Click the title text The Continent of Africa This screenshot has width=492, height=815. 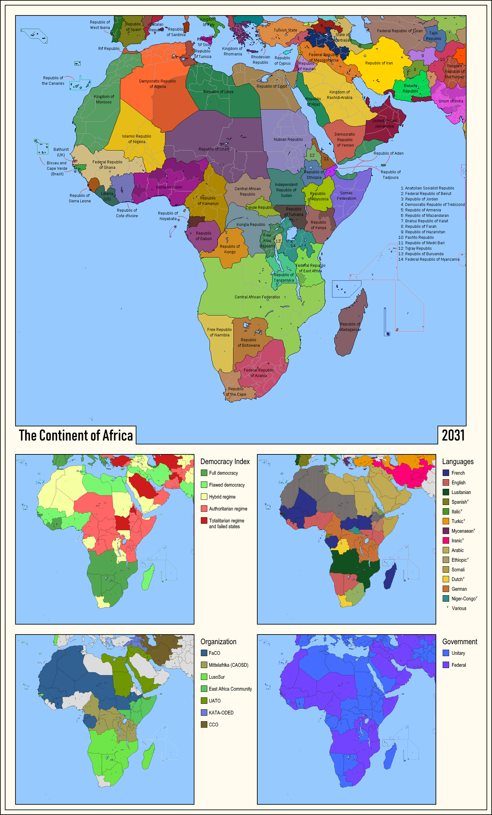[76, 435]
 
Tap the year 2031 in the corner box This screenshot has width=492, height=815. [453, 435]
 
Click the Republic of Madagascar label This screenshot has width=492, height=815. [350, 327]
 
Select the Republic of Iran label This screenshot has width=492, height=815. [379, 63]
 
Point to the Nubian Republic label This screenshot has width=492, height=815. [288, 140]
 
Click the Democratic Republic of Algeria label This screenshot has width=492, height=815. [157, 84]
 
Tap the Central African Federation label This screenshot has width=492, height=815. [257, 297]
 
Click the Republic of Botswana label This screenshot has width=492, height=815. [249, 343]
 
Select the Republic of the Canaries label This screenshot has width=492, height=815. [53, 81]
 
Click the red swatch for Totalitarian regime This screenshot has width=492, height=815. [204, 521]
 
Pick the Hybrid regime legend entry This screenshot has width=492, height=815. [222, 497]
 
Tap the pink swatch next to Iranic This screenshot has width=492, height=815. [446, 540]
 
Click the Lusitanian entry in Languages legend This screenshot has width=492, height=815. [461, 492]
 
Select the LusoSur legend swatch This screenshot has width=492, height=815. [204, 677]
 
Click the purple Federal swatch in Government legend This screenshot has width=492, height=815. [446, 665]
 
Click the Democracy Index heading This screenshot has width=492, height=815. [225, 461]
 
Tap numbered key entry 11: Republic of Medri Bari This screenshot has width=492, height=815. [421, 243]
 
